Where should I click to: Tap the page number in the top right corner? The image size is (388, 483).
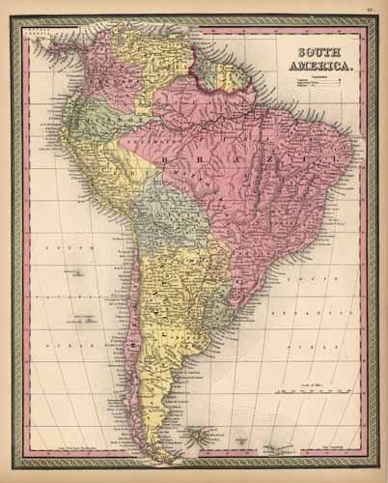[x=370, y=11]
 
